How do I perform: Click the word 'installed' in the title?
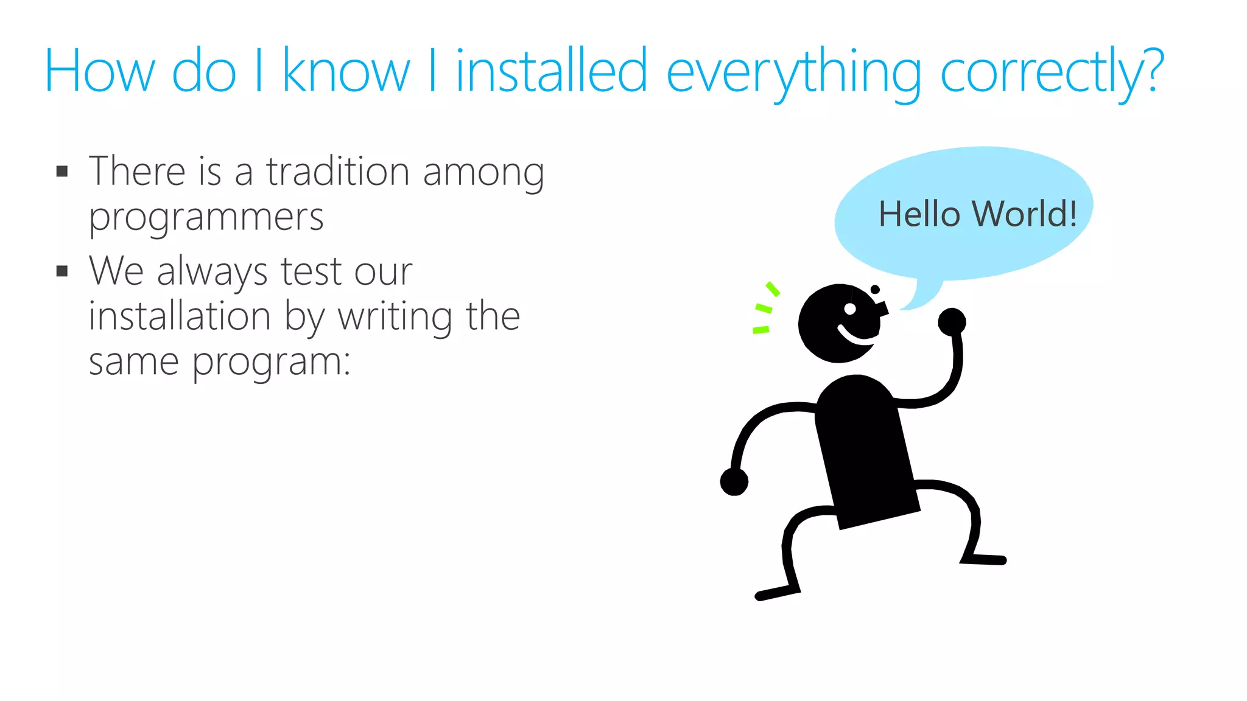(x=551, y=72)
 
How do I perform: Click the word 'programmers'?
(x=206, y=218)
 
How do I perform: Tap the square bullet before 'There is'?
(x=62, y=171)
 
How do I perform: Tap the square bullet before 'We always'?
(x=62, y=271)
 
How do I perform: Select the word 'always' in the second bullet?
(x=212, y=272)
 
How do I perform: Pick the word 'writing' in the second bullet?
(x=395, y=318)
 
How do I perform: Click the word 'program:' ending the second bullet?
(x=272, y=363)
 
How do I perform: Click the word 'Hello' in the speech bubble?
(x=919, y=214)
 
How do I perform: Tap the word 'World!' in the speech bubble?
(x=1024, y=214)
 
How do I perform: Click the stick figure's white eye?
(x=850, y=309)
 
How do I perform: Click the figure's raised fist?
(x=952, y=321)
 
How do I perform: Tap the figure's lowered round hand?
(x=734, y=482)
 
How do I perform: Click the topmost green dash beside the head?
(x=773, y=288)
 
